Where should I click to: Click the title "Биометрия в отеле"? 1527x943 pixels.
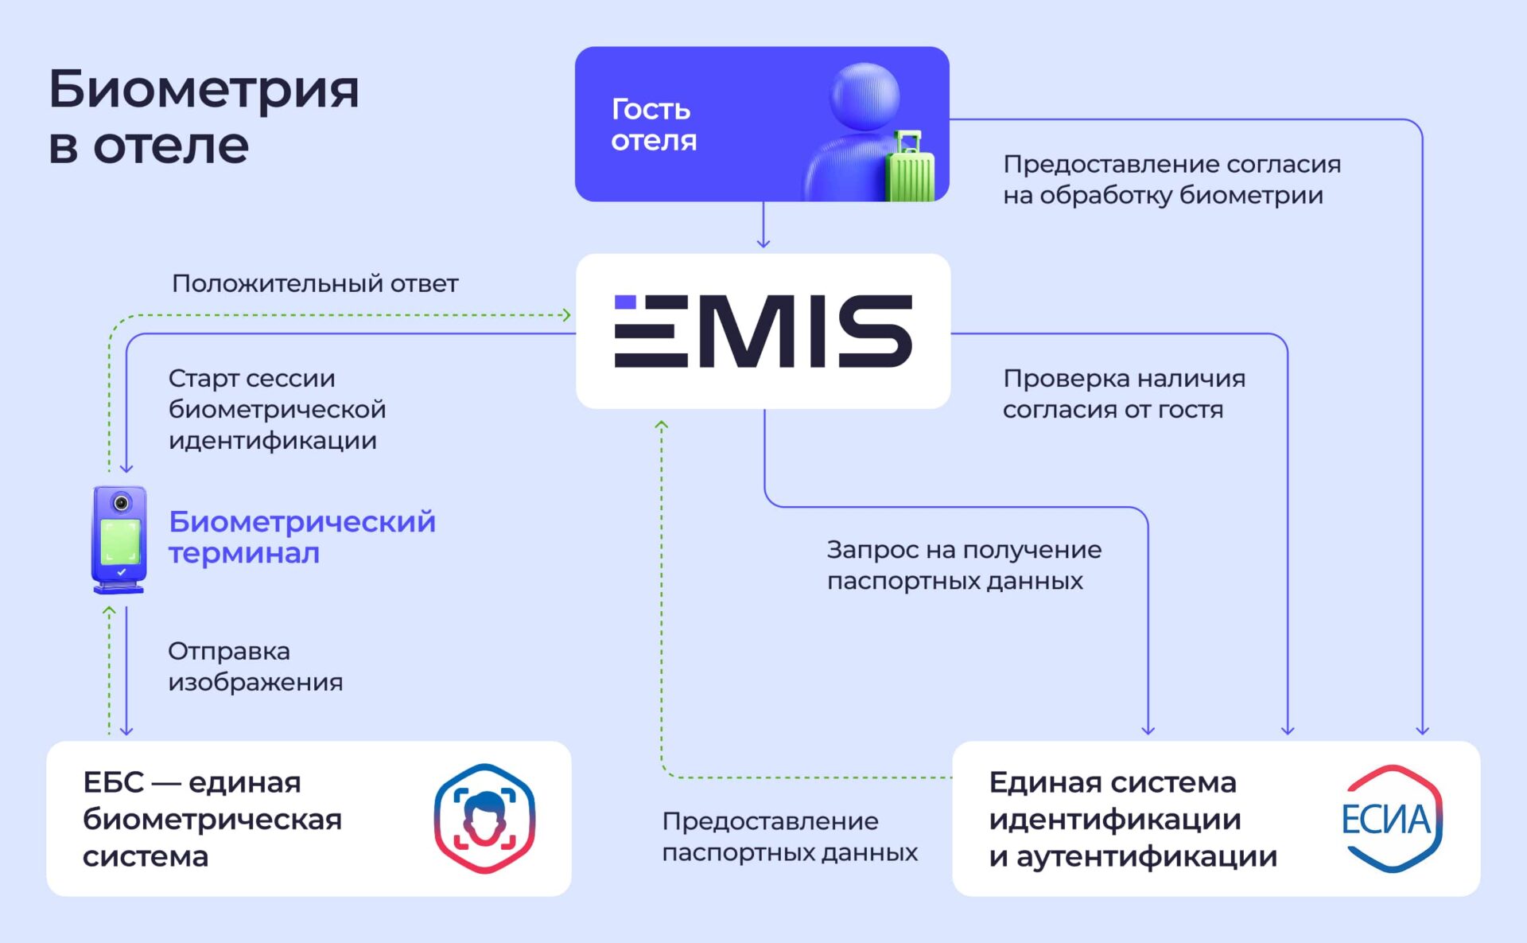click(204, 116)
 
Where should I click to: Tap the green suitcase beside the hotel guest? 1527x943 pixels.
click(910, 166)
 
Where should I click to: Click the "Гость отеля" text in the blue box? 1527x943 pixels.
click(654, 124)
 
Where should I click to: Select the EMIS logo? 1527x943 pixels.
click(763, 331)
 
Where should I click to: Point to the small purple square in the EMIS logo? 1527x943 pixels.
click(625, 302)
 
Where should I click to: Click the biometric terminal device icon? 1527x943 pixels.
click(119, 540)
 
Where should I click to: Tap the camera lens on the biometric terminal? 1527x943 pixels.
click(121, 503)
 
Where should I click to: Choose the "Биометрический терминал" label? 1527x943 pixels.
click(302, 537)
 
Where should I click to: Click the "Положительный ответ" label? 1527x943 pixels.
click(315, 283)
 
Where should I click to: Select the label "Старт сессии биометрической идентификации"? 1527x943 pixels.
click(277, 409)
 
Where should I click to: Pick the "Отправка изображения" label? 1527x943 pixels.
click(255, 666)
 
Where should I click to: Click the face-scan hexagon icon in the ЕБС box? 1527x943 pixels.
click(484, 819)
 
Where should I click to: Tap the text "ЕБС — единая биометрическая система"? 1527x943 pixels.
click(212, 819)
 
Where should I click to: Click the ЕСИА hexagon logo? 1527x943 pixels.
click(1392, 819)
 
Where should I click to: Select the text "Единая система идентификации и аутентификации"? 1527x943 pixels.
click(1133, 819)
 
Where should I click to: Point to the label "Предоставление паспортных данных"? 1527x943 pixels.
click(790, 836)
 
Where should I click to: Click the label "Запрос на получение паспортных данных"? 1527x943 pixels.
click(964, 565)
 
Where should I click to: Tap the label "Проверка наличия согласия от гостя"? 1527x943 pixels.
click(1124, 393)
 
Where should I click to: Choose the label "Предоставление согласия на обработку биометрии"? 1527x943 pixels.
click(1171, 179)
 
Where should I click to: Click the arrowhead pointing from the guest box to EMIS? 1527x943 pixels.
click(763, 243)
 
